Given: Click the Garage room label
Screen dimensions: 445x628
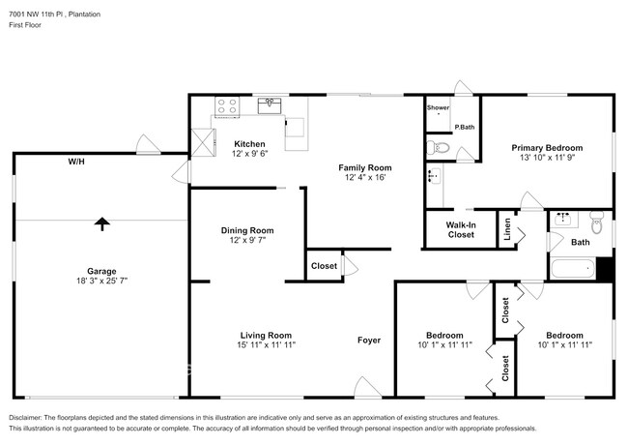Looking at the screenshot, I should tap(101, 271).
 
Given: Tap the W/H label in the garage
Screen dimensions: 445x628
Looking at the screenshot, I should tap(75, 162).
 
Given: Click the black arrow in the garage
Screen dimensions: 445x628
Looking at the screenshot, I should tap(101, 222).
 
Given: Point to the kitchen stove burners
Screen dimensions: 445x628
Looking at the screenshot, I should tap(228, 105).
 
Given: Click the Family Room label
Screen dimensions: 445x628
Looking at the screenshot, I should tap(364, 167).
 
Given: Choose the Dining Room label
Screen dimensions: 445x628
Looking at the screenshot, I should tap(247, 230).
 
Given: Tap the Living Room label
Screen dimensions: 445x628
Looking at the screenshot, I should tap(266, 335).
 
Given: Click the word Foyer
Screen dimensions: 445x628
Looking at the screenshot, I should tap(369, 340).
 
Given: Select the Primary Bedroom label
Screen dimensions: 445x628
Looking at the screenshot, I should tap(547, 147).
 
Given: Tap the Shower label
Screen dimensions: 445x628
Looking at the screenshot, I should tap(439, 107).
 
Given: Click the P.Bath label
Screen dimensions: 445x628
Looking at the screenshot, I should tap(465, 127).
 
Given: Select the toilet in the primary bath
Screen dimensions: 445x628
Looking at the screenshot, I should tap(438, 148).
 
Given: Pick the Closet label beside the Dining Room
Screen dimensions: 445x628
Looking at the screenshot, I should tap(324, 266).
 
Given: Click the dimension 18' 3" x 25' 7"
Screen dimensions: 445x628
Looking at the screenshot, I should tap(101, 281).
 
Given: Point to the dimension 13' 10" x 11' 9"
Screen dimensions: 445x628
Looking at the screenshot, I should tap(547, 158).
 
